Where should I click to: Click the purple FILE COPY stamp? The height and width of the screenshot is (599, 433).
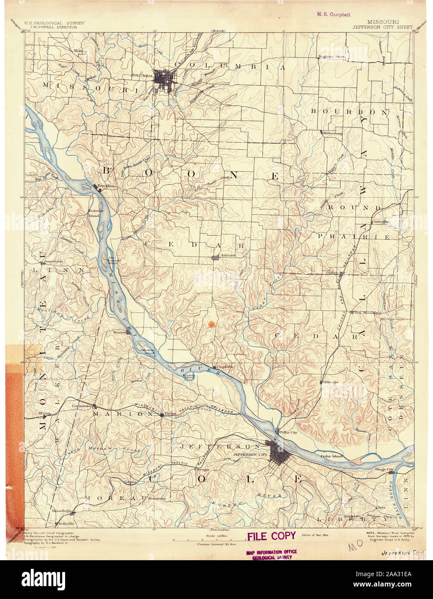point(271,536)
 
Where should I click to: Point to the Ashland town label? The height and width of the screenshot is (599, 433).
point(228,256)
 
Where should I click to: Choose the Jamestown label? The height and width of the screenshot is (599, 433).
point(53,261)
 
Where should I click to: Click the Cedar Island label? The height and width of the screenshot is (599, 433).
point(331,456)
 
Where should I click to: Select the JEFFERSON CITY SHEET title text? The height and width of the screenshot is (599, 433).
point(382,27)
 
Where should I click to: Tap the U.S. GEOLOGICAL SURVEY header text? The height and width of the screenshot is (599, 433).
point(54,23)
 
